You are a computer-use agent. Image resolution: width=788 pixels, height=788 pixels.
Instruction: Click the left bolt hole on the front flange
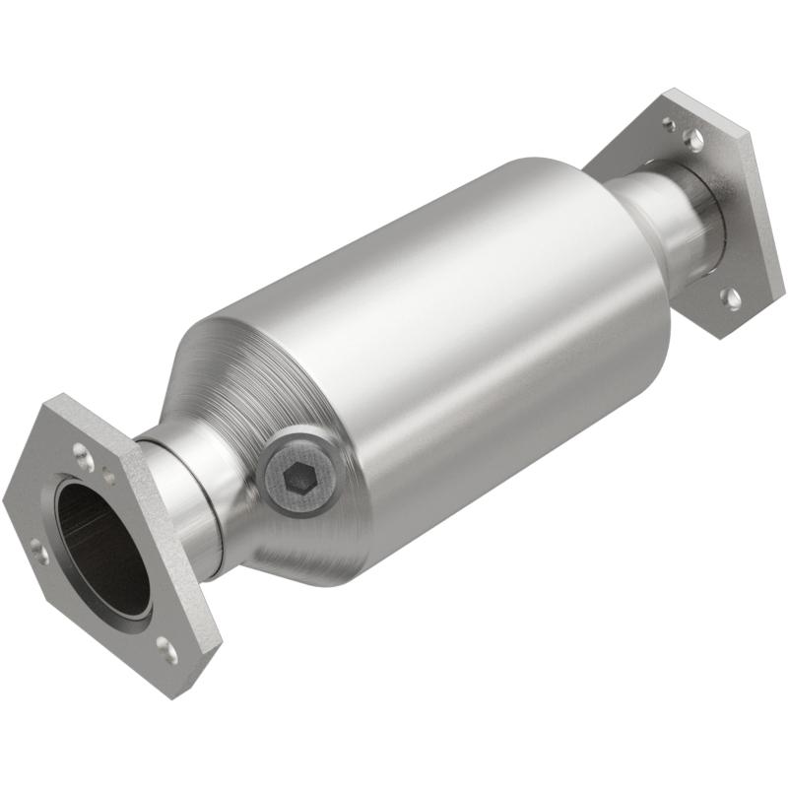point(40,551)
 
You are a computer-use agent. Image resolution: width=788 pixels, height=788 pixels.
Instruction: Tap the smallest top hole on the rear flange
point(669,124)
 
